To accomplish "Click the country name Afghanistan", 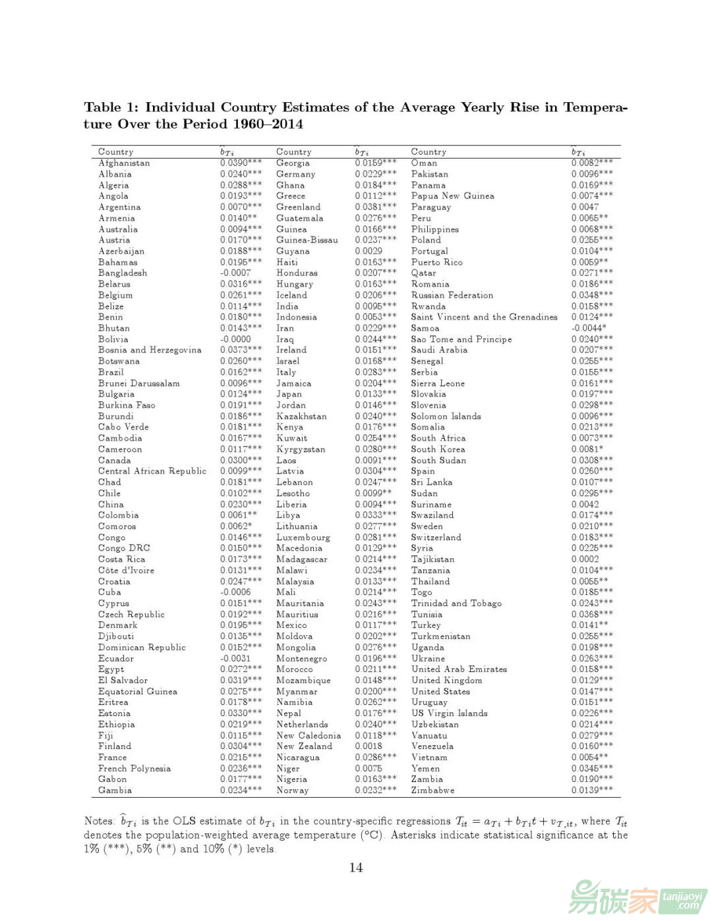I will point(124,163).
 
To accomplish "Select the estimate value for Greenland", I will point(376,207).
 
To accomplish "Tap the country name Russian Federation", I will point(452,295).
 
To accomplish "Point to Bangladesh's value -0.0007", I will point(235,273).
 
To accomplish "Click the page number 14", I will point(356,868).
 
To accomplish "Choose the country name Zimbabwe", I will point(432,790).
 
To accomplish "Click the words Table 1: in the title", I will point(111,107).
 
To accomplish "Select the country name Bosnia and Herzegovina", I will point(150,350).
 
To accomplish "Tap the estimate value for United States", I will point(591,691).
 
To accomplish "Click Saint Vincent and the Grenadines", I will point(484,317).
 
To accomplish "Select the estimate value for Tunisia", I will point(591,614).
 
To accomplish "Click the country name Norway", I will point(292,790).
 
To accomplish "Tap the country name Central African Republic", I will point(152,471).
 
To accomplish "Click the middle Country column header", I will point(293,152).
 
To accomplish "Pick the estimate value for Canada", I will point(241,460).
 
